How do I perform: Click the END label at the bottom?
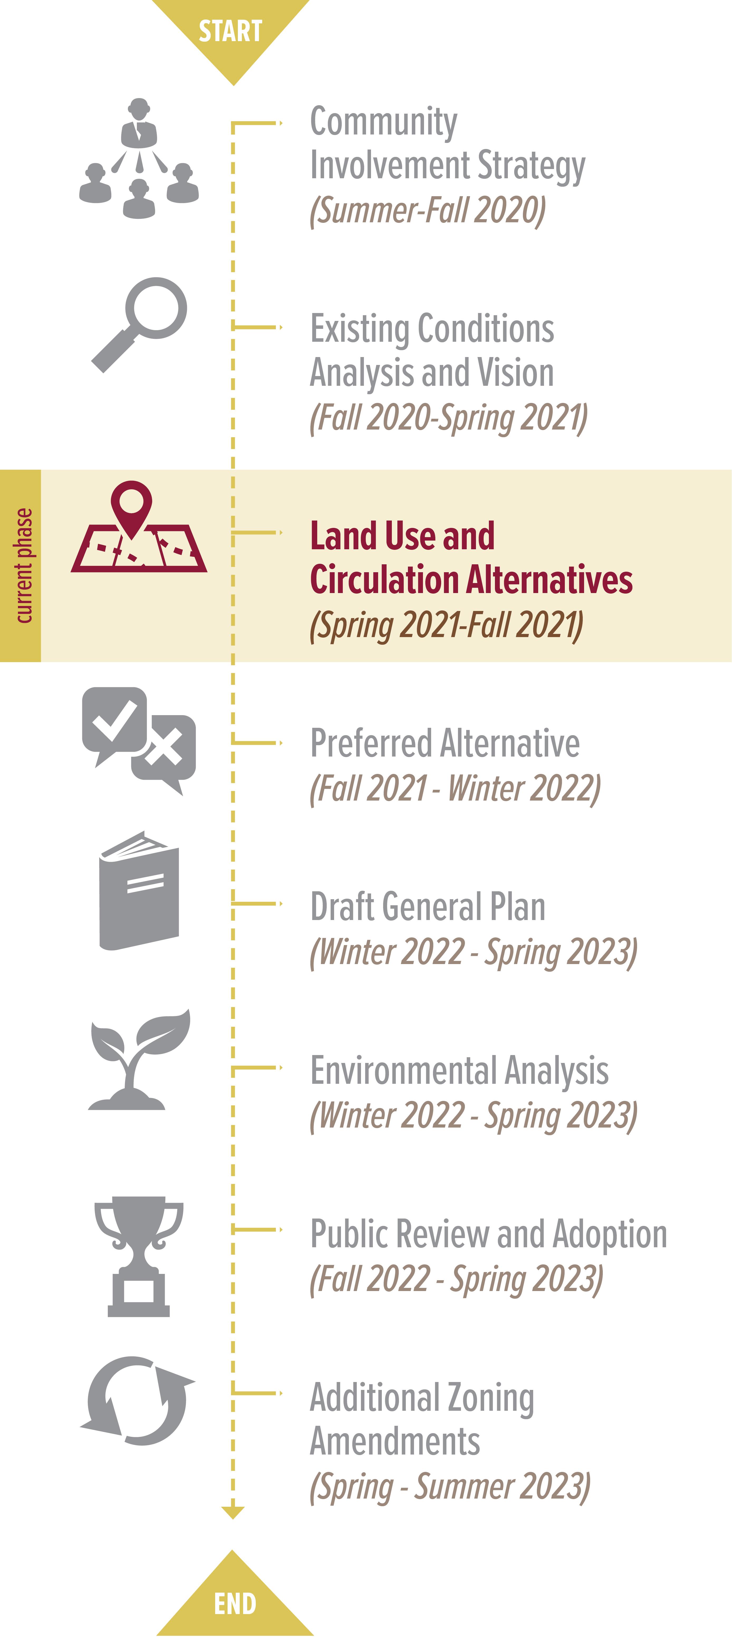[x=235, y=1603]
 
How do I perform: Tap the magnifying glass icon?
[x=139, y=324]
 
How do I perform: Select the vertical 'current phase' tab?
[x=20, y=566]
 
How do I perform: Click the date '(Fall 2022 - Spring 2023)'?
[x=456, y=1279]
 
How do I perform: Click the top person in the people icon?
[x=139, y=123]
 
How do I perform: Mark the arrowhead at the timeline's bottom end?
[x=233, y=1513]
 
